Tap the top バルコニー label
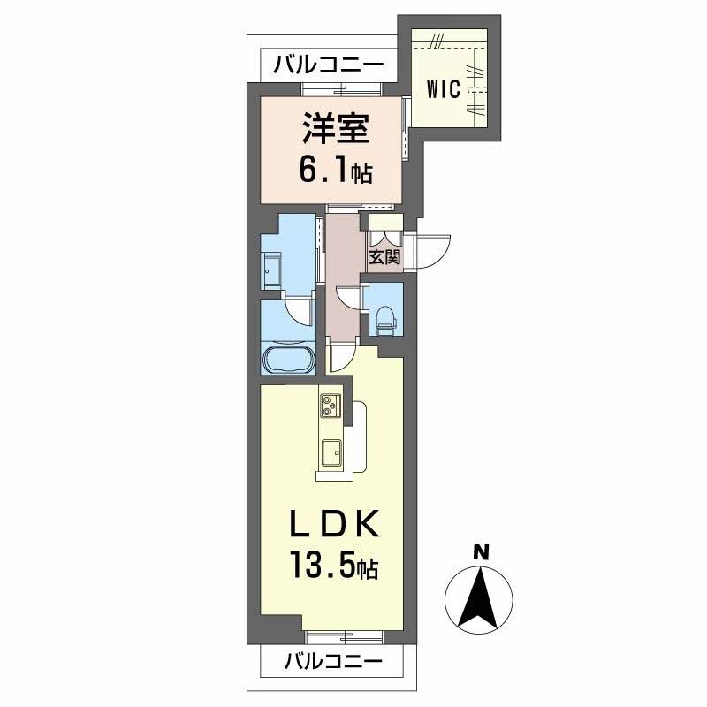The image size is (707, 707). pyautogui.click(x=328, y=65)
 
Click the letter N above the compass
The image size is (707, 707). pyautogui.click(x=481, y=551)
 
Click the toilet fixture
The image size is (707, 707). pyautogui.click(x=385, y=318)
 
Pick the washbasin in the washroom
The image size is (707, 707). pyautogui.click(x=271, y=269)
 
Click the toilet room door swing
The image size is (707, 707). pyautogui.click(x=350, y=299)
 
